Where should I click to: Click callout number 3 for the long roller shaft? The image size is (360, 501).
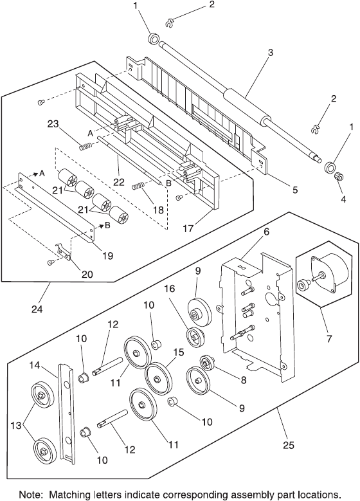click(x=270, y=52)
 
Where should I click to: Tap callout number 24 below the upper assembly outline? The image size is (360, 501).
click(x=37, y=309)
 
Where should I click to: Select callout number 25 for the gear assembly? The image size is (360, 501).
click(x=288, y=445)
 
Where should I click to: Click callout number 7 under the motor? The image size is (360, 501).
click(x=328, y=338)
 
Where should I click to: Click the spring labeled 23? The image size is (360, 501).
click(x=85, y=147)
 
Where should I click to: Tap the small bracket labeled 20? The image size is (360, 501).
click(x=64, y=251)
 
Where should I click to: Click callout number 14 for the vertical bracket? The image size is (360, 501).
click(x=35, y=365)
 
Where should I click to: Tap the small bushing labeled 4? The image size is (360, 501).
click(x=338, y=176)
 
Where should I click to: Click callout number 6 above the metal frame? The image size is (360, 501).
click(x=266, y=232)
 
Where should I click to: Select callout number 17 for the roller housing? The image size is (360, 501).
click(x=188, y=228)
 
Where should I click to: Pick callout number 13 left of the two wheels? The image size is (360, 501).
click(x=16, y=425)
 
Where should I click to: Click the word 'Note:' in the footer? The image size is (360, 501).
click(x=32, y=495)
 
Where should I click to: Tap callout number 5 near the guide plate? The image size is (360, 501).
click(x=294, y=190)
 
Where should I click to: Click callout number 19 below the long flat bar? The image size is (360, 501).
click(x=107, y=255)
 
